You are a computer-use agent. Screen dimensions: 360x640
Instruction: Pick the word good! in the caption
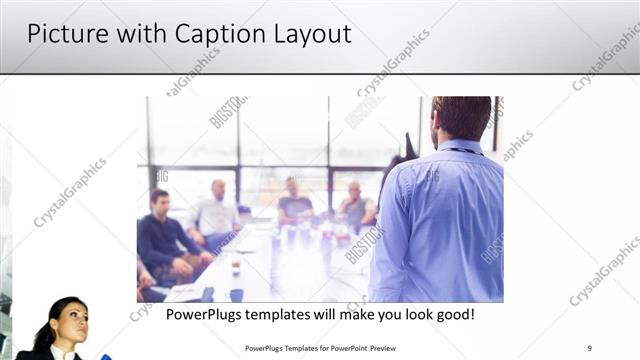[451, 315]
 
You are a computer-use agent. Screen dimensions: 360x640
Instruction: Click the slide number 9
[590, 348]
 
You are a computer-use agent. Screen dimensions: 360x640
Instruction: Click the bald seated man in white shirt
[216, 210]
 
